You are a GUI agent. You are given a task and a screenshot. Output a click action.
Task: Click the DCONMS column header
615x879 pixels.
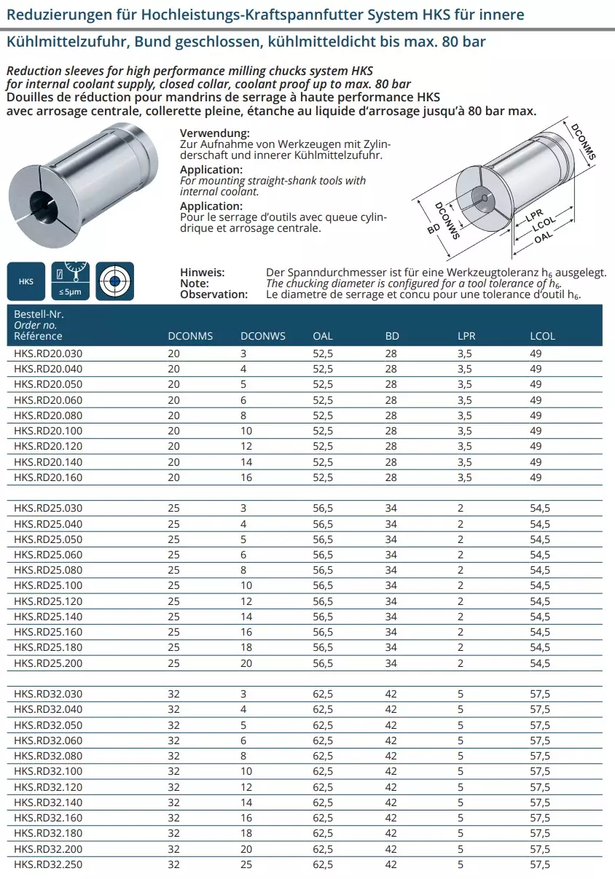click(190, 336)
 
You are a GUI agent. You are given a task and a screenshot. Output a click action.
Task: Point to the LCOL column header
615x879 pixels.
click(542, 336)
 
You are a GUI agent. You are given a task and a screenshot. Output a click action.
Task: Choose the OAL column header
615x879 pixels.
click(323, 336)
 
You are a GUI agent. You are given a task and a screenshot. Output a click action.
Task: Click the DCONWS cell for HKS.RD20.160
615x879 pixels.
click(246, 477)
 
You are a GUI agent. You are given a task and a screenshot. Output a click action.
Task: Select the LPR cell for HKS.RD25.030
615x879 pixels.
click(461, 509)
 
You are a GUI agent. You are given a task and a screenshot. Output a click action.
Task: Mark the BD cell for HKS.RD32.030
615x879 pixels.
click(391, 694)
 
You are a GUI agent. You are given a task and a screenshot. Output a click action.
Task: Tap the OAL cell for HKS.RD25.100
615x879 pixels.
click(323, 586)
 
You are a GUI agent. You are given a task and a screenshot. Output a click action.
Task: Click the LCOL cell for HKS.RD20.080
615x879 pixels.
click(536, 415)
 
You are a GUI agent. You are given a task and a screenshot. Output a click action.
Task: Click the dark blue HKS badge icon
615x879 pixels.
click(26, 281)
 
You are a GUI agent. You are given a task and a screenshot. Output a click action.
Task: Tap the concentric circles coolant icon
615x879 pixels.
click(115, 281)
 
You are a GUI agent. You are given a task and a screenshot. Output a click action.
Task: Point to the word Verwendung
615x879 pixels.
click(214, 133)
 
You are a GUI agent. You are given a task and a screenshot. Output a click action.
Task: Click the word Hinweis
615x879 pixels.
click(202, 272)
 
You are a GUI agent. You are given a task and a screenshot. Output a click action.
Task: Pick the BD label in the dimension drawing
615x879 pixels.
click(433, 230)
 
